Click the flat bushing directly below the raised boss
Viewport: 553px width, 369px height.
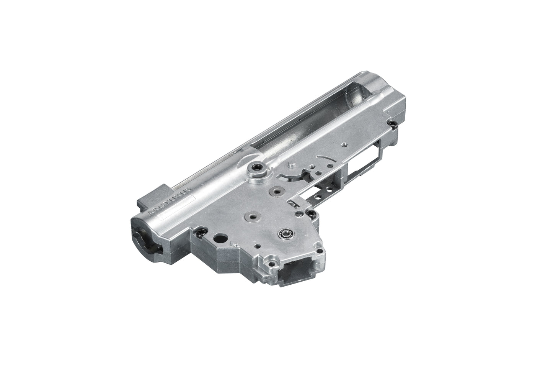pyautogui.click(x=274, y=190)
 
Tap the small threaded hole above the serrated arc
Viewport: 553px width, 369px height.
pyautogui.click(x=344, y=144)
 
